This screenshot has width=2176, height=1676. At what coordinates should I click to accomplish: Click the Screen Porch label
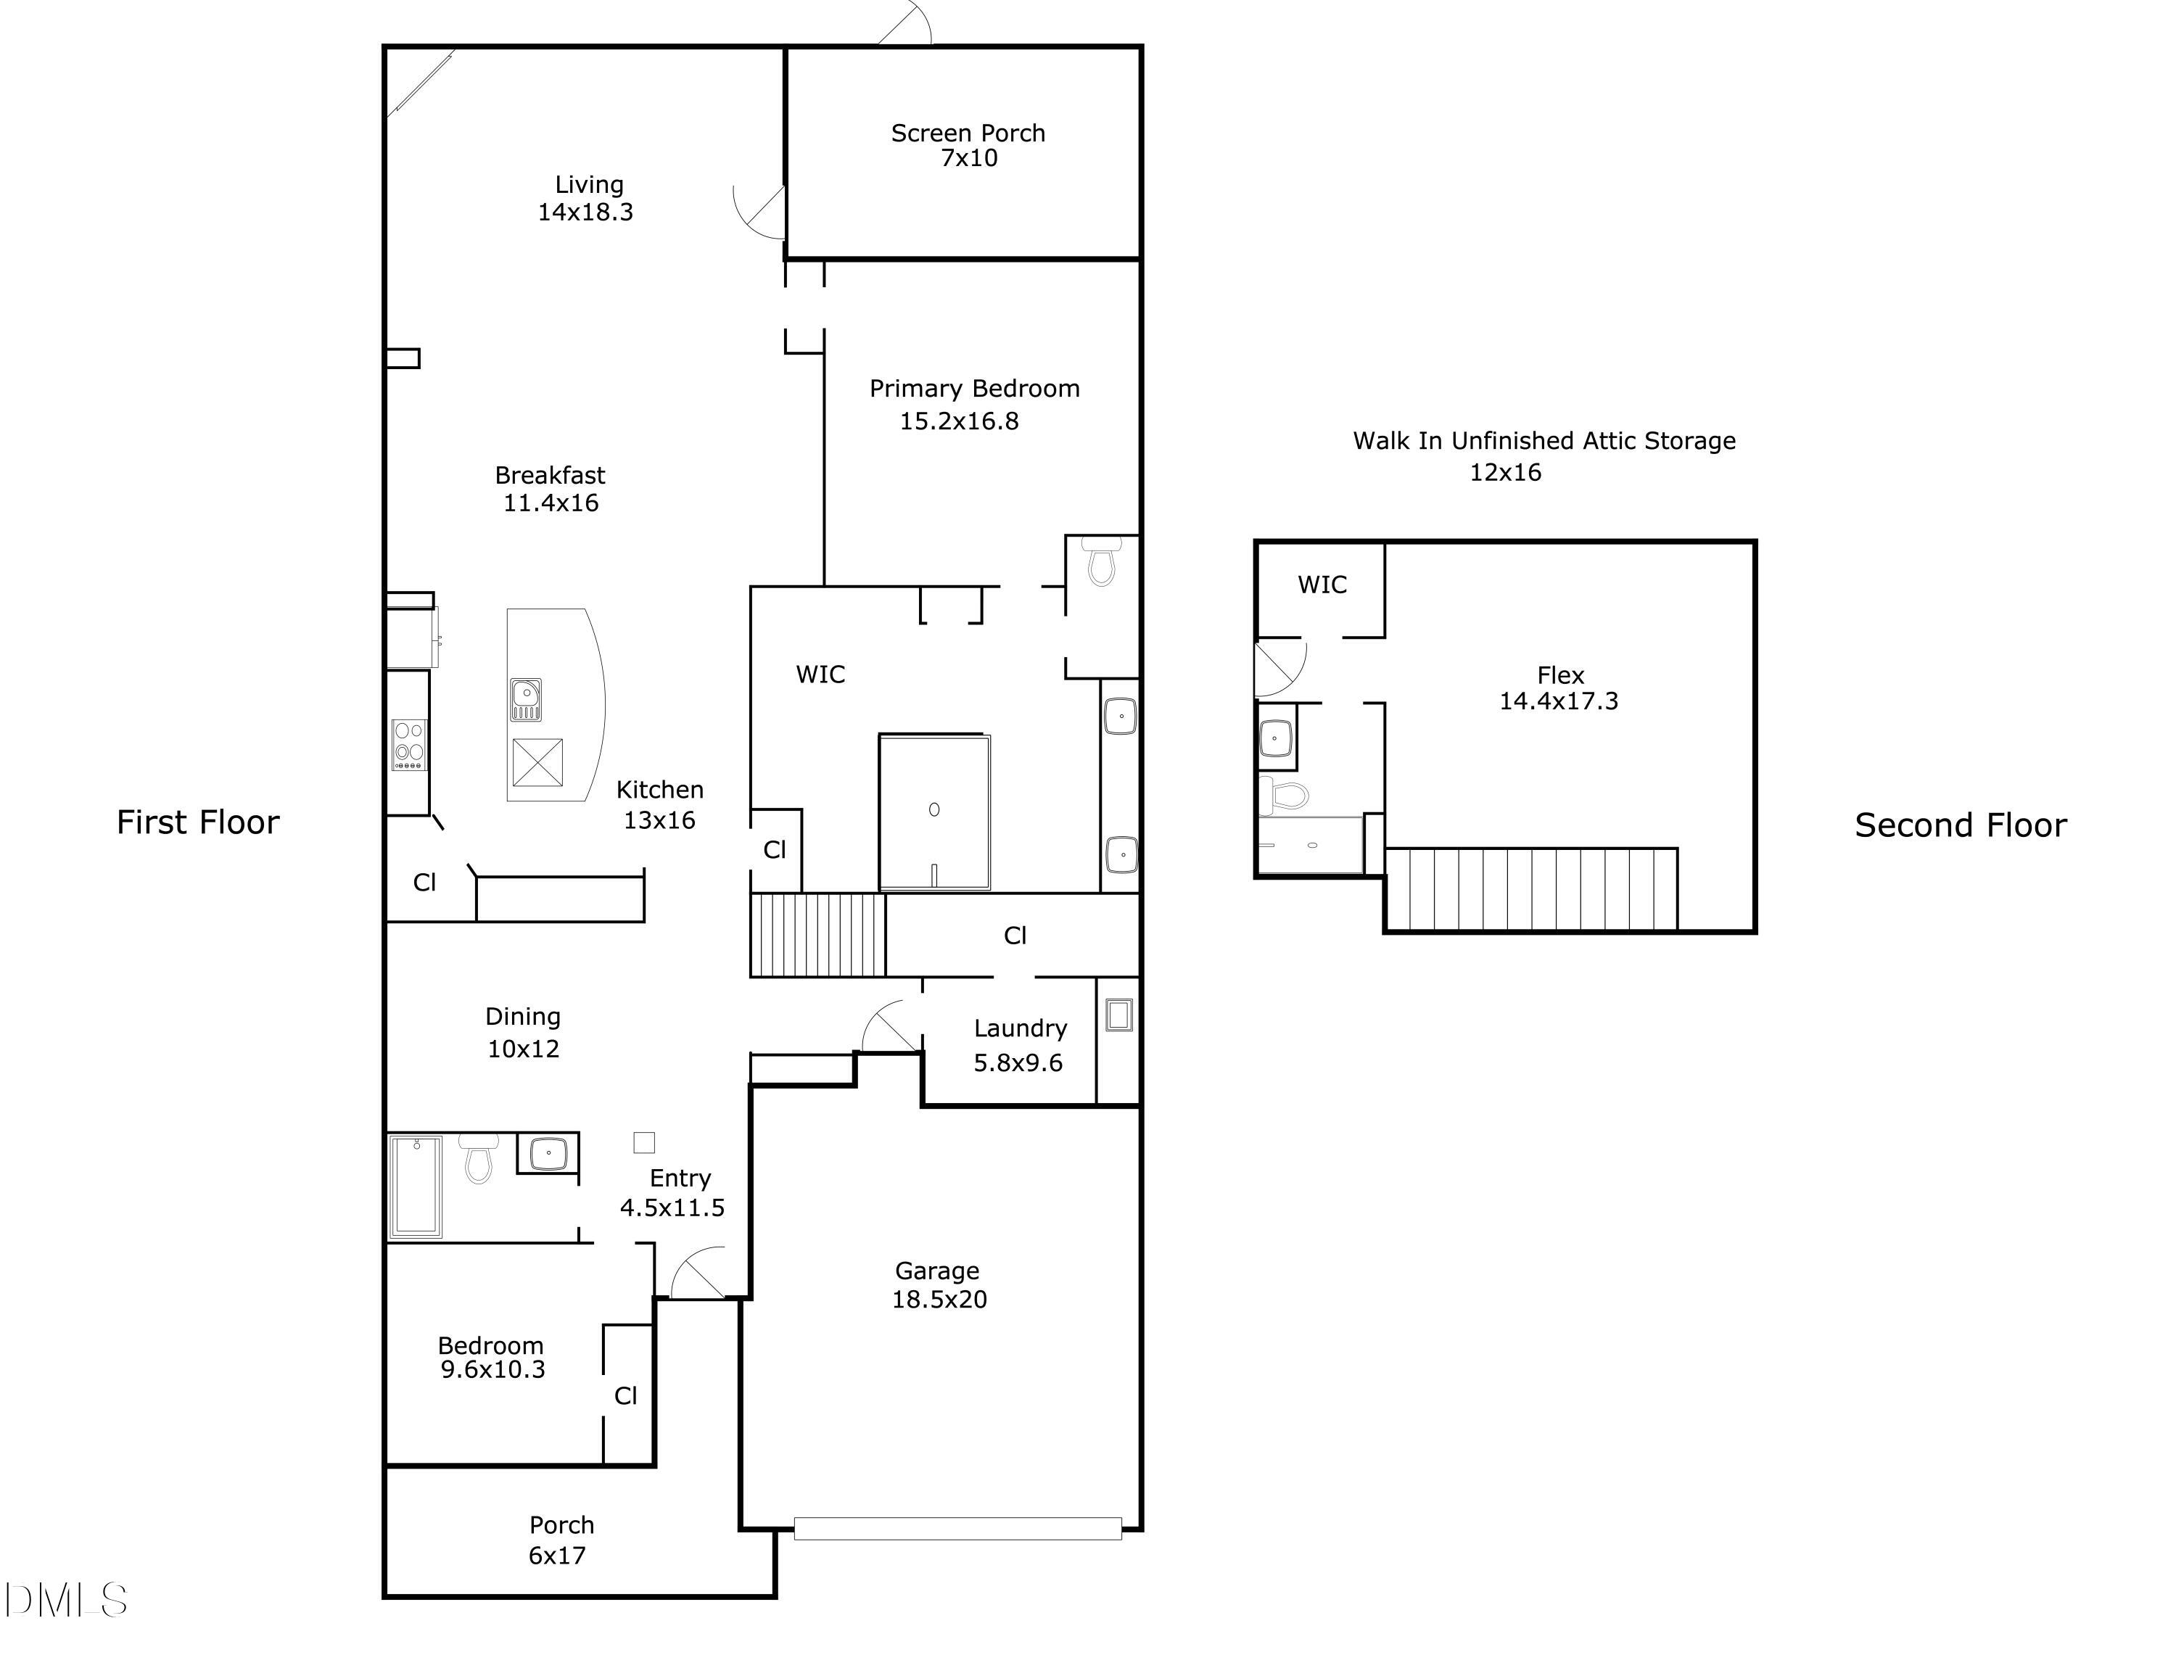[x=968, y=133]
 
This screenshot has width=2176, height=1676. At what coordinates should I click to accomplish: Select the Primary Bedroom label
[x=973, y=389]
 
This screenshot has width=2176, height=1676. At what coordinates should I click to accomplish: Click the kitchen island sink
[x=525, y=698]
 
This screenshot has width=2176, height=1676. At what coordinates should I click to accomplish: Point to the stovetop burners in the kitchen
[x=408, y=743]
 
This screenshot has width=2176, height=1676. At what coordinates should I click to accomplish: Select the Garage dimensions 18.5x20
[x=939, y=1300]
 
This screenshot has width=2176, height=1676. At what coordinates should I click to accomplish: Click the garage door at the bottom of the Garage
[x=957, y=1527]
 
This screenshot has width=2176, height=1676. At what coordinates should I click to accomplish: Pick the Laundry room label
[x=1021, y=1028]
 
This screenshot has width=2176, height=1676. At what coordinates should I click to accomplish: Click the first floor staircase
[x=817, y=935]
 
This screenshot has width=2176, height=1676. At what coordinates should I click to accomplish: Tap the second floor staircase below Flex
[x=1530, y=889]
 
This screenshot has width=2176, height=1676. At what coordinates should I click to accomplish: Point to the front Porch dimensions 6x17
[x=557, y=1556]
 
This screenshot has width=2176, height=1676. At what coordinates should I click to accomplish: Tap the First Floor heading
[x=197, y=822]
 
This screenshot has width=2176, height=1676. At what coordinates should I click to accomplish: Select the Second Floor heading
[x=1960, y=825]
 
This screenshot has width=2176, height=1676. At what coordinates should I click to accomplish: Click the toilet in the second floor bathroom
[x=1285, y=794]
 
